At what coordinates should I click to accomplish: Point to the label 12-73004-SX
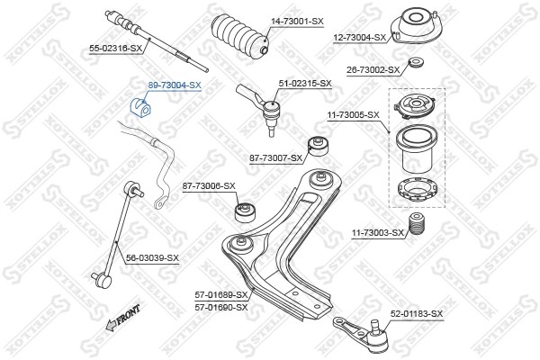tap(359, 37)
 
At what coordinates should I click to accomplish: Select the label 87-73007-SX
tap(275, 158)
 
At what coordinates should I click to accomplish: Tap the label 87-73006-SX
tap(209, 185)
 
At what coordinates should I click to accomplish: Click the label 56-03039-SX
tap(152, 258)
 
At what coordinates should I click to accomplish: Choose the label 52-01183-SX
tap(417, 313)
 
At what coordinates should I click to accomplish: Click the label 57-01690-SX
tap(221, 307)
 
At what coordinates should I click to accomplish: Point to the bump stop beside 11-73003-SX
tap(417, 226)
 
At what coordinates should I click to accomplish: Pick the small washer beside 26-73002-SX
tap(416, 63)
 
